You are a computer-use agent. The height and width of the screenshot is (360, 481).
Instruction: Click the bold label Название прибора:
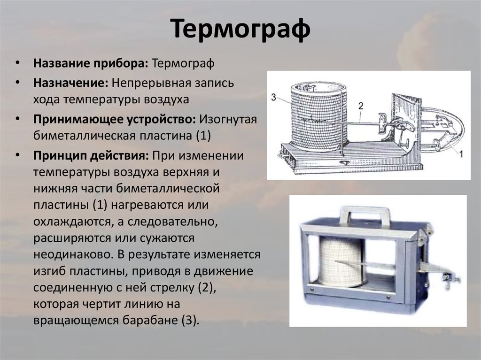coord(91,63)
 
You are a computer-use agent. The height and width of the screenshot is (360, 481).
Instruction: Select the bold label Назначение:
coord(71,83)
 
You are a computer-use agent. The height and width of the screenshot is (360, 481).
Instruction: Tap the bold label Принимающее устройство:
coord(115,119)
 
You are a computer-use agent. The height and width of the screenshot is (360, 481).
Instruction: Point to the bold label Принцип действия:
coord(91,155)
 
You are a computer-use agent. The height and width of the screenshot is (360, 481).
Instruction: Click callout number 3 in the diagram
coord(274,98)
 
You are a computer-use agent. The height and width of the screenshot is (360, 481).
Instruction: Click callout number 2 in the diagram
coord(361,106)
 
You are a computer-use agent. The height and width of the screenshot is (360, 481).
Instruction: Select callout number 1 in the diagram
coord(461,154)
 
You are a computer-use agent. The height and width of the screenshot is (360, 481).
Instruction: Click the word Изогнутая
coord(228,119)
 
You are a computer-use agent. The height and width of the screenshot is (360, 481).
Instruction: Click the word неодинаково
coord(72,254)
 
